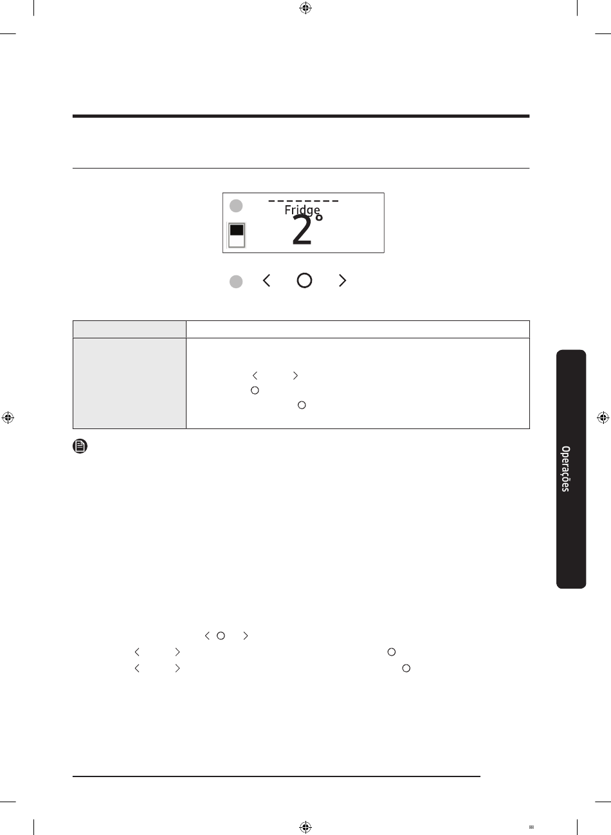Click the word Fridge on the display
click(302, 210)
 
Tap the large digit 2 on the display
click(302, 230)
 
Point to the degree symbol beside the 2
click(319, 217)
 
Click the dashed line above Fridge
click(304, 201)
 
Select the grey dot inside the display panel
click(236, 206)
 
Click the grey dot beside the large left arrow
click(236, 282)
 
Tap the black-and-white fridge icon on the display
click(237, 235)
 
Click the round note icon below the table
click(80, 446)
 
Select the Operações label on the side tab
click(565, 468)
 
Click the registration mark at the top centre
click(305, 8)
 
